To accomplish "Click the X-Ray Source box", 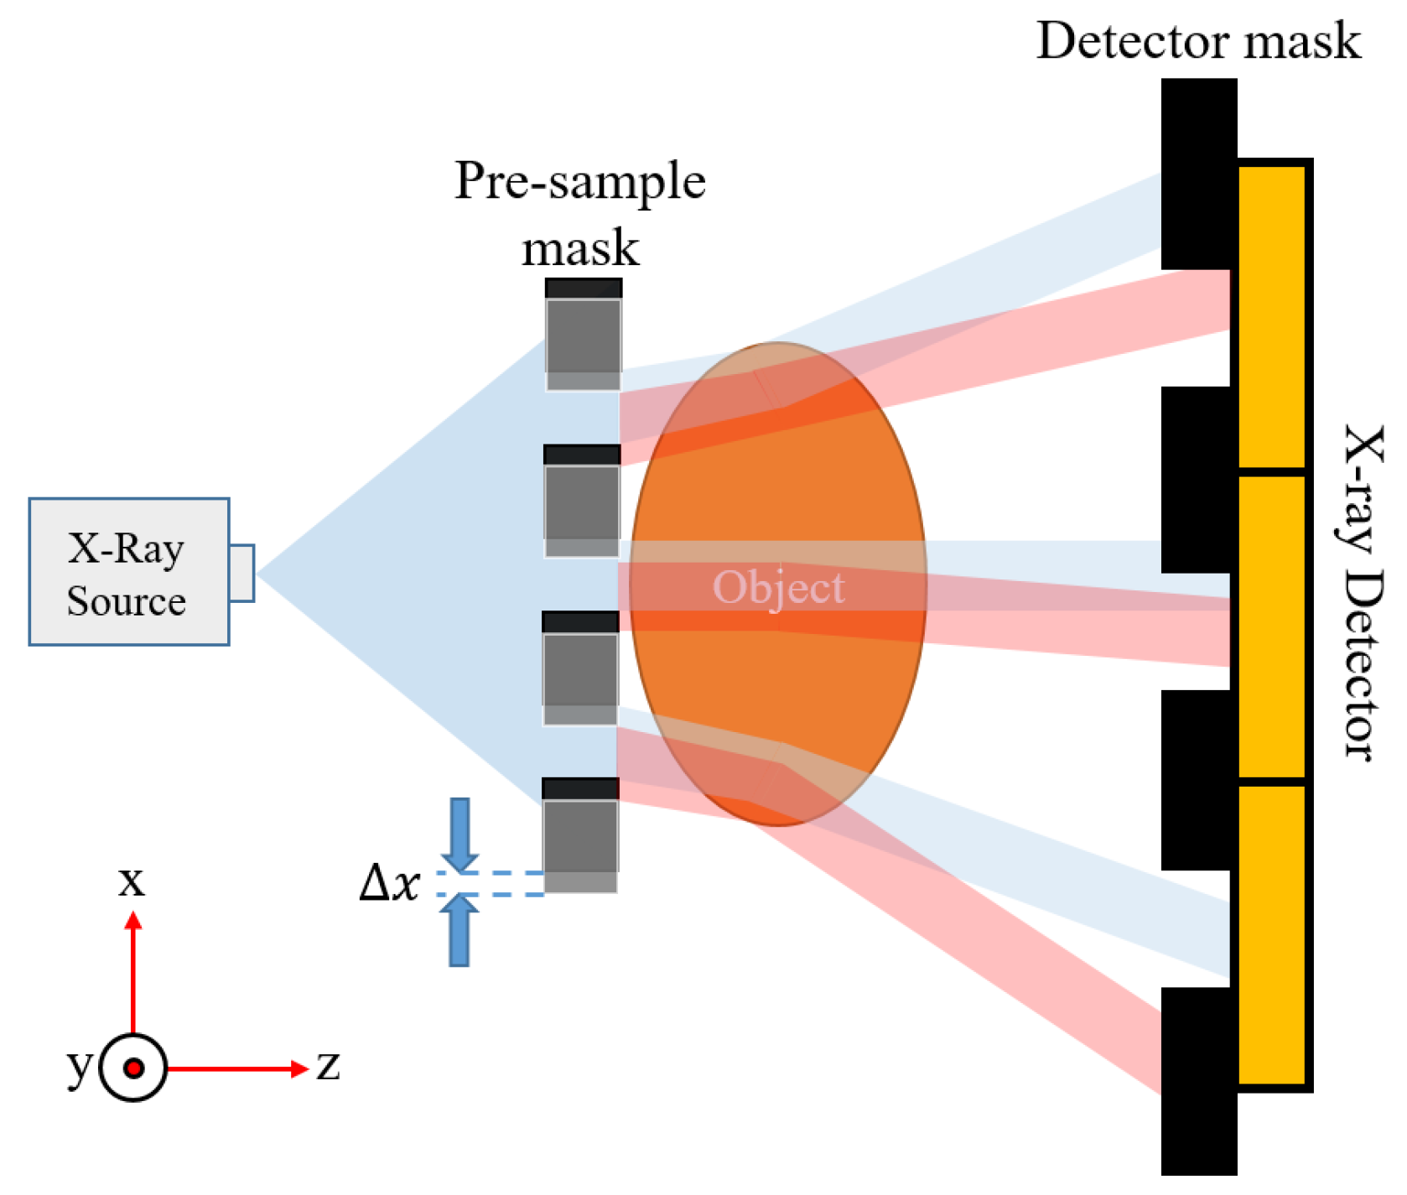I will click(128, 572).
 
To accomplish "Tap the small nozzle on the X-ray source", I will click(241, 573).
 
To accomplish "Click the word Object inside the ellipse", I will click(778, 587).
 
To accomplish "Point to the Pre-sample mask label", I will click(580, 214).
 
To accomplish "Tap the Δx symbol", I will click(388, 883).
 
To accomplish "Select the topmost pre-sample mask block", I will click(584, 335).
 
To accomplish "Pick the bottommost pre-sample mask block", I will click(580, 835).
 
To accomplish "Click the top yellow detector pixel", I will click(1272, 317).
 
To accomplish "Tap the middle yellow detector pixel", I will click(1272, 627).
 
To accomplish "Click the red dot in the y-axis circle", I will click(133, 1068).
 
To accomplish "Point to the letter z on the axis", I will click(328, 1066).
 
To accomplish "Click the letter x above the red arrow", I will click(132, 881).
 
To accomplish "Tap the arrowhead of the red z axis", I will click(300, 1068).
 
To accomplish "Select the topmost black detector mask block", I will click(1198, 174).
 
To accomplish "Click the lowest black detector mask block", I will click(1198, 1082).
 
